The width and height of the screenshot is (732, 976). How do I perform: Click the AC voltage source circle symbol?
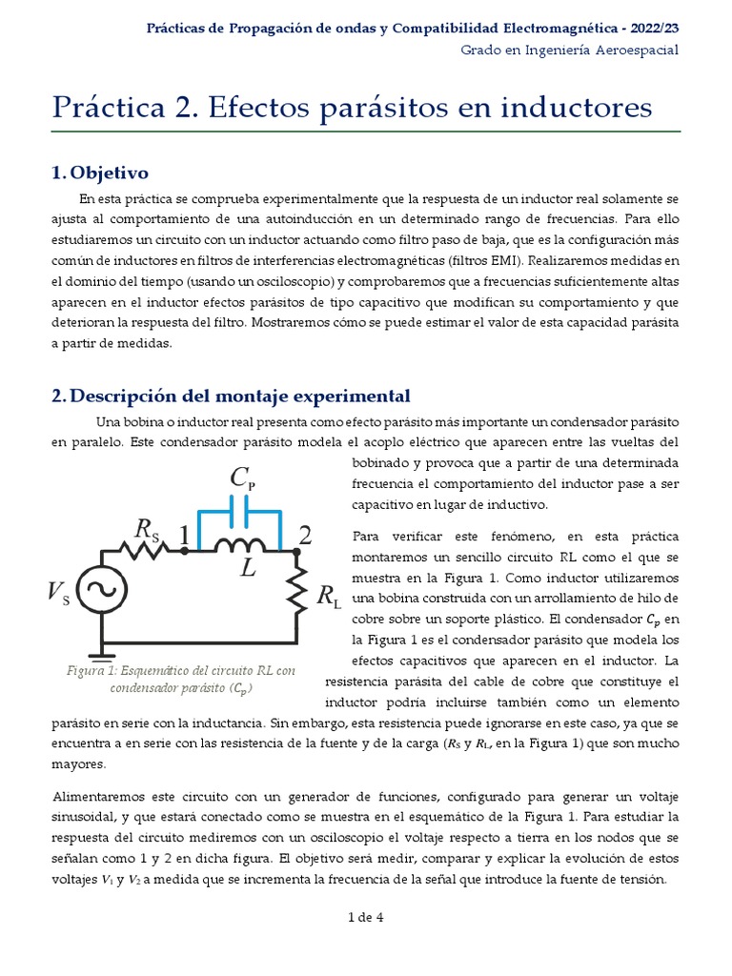pyautogui.click(x=96, y=592)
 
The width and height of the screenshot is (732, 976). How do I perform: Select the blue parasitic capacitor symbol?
pyautogui.click(x=238, y=516)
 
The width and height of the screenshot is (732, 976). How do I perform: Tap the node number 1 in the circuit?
pyautogui.click(x=184, y=537)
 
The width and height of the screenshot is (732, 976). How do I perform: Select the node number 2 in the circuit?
pyautogui.click(x=304, y=535)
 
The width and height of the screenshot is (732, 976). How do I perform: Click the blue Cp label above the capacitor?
pyautogui.click(x=242, y=478)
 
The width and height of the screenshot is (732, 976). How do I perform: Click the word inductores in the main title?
pyautogui.click(x=574, y=107)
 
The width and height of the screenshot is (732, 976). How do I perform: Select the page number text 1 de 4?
pyautogui.click(x=366, y=918)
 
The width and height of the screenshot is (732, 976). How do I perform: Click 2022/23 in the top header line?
pyautogui.click(x=651, y=29)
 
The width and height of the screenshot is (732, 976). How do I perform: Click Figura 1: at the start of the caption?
pyautogui.click(x=91, y=670)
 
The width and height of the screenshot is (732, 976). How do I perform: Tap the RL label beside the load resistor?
pyautogui.click(x=329, y=598)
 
